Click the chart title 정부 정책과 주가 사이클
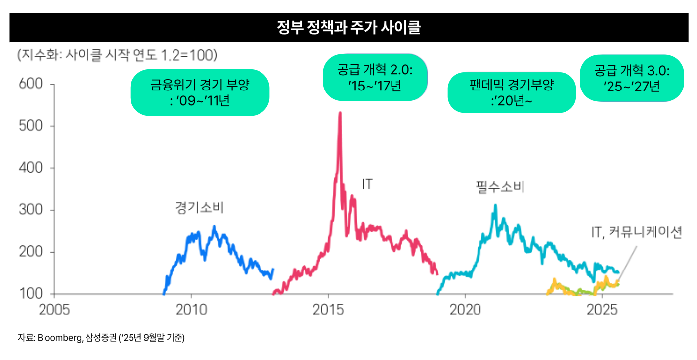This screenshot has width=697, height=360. pos(348,28)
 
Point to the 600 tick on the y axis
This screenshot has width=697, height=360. pos(31,84)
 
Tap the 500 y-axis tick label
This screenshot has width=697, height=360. pos(31,126)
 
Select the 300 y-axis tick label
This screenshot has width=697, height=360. pos(31,210)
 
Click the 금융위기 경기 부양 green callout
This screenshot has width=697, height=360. pos(200,92)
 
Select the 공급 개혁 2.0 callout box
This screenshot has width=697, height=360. pos(375,77)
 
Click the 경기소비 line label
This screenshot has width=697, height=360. pos(199,207)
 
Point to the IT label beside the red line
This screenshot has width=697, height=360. pos(367,184)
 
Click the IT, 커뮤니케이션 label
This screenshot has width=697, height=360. pos(637,232)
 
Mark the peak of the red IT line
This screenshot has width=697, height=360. pos(340,113)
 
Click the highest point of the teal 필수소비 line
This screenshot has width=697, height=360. pos(495,205)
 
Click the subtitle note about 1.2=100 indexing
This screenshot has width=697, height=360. pos(117,55)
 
